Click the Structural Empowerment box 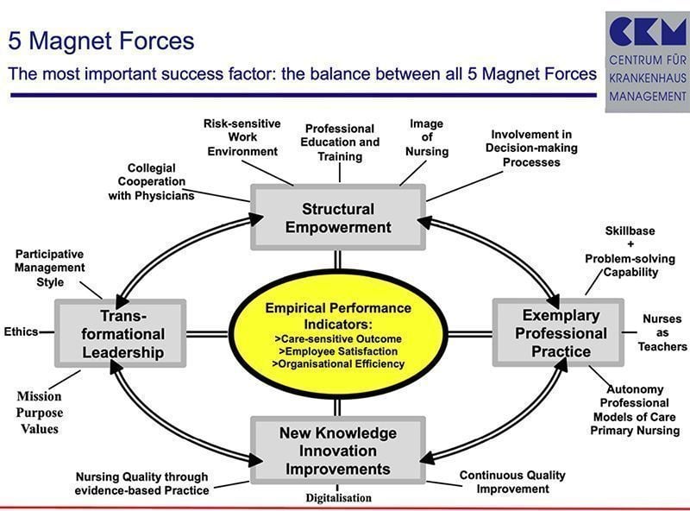(338, 218)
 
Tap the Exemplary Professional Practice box (557, 331)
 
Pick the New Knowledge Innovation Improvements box (337, 451)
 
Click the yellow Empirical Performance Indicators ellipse (338, 336)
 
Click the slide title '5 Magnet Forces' (101, 40)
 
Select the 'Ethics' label (21, 331)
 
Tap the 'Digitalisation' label (338, 497)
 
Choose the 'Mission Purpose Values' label (40, 412)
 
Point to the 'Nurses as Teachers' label (662, 332)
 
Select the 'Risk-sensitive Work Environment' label (242, 137)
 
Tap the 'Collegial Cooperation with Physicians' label (151, 182)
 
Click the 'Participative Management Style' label (50, 268)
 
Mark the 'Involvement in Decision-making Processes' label (531, 148)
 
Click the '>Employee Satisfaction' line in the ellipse (338, 351)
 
